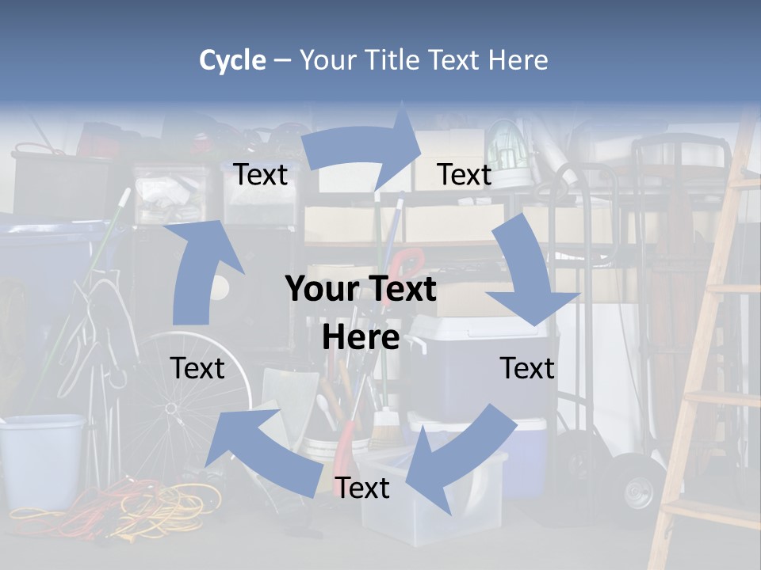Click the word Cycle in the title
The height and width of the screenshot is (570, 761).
click(232, 60)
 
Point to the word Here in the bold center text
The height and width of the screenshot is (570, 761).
click(360, 337)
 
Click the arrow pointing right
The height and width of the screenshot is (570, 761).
click(364, 147)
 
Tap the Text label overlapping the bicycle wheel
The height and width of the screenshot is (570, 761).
click(197, 367)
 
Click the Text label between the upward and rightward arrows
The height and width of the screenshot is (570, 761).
click(261, 174)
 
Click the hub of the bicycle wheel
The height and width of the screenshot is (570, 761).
click(170, 407)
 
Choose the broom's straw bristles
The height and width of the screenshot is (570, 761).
click(384, 431)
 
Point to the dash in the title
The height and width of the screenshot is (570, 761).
click(283, 60)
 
